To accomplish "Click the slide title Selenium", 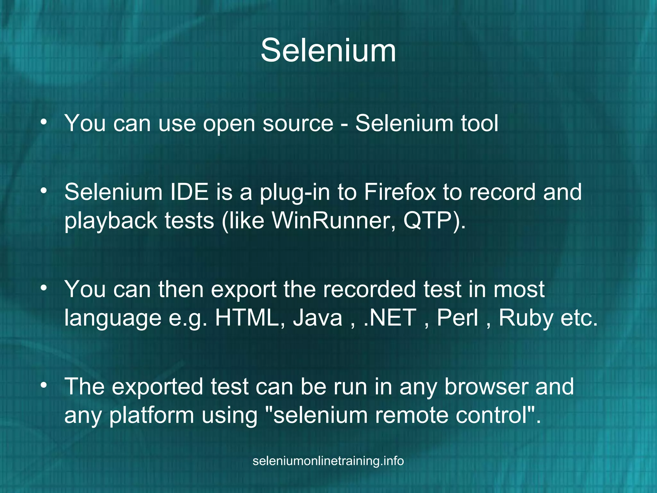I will click(x=328, y=50).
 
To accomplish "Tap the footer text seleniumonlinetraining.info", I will click(x=328, y=461).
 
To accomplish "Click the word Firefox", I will click(x=399, y=192).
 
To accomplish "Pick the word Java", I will click(x=318, y=318).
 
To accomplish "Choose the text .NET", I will click(x=390, y=318).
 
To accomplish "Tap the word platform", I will click(x=151, y=415).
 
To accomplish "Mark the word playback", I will click(x=111, y=221).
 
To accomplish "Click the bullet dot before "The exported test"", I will click(x=44, y=385).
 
